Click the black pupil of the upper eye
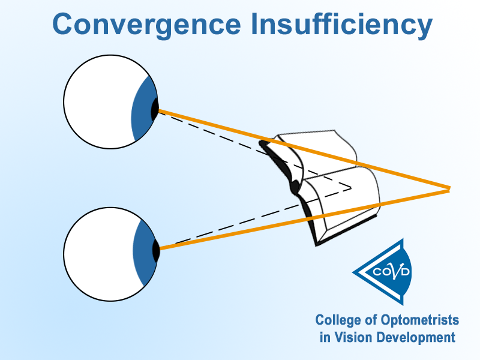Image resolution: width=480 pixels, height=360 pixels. [x=155, y=110]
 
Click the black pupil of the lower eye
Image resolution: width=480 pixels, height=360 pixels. [x=156, y=250]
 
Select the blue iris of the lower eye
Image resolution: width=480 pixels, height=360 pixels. [x=143, y=253]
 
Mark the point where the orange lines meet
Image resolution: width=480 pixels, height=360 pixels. [x=449, y=189]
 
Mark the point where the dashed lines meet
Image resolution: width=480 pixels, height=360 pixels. [x=351, y=188]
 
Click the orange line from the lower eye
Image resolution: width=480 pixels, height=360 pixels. [x=304, y=219]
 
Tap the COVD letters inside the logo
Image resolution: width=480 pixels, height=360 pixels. [x=391, y=272]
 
